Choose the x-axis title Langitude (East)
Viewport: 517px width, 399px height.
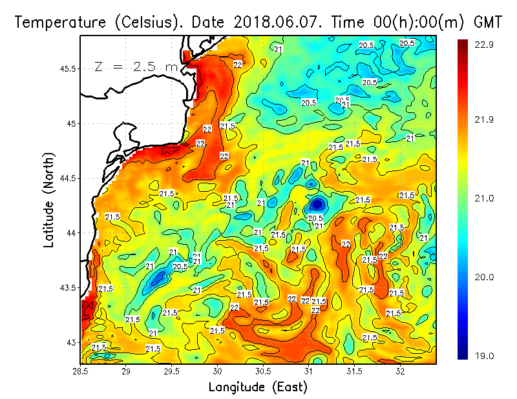click(258, 387)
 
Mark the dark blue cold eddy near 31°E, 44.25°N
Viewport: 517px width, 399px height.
click(317, 204)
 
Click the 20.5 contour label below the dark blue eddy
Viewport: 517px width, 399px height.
click(315, 218)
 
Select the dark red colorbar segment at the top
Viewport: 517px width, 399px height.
click(463, 48)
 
